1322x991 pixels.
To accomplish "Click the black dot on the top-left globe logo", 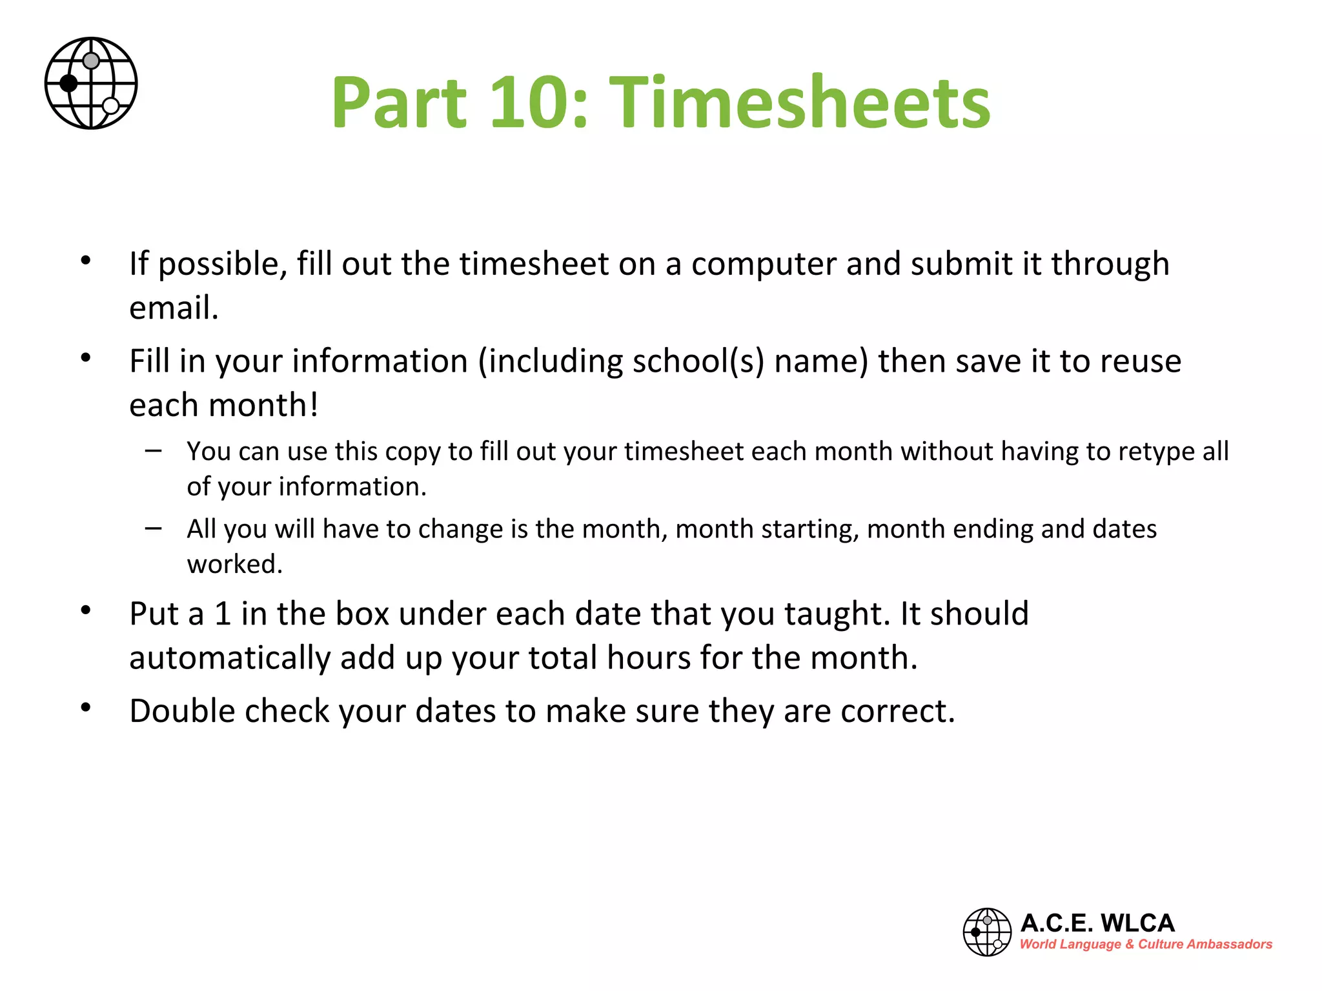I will pos(68,83).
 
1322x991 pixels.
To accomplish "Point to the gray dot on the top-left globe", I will pos(92,61).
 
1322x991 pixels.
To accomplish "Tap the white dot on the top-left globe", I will pos(111,106).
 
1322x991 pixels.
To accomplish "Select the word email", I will pos(173,308).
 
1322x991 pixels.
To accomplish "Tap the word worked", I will pos(234,565).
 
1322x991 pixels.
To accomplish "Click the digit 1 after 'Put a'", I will pos(223,614).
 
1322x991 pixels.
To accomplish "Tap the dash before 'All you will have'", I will pos(154,528).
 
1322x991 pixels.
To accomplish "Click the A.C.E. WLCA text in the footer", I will pos(1097,923).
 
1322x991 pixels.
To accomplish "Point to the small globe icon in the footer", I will pos(987,932).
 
